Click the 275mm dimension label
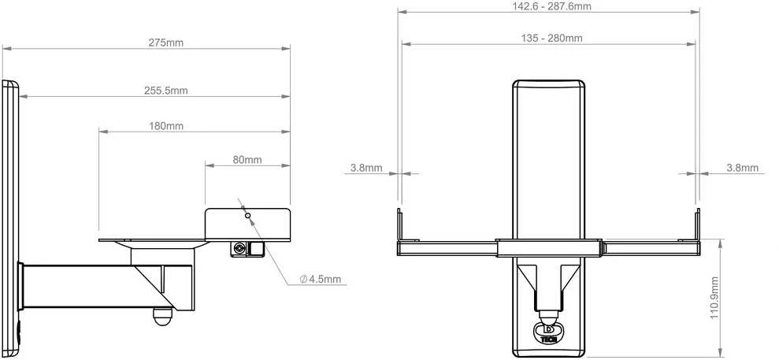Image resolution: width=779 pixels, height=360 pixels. (x=166, y=43)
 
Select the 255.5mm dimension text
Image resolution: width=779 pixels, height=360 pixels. (x=166, y=91)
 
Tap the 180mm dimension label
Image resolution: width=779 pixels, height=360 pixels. (x=166, y=126)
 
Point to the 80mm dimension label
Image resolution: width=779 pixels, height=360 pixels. (x=247, y=160)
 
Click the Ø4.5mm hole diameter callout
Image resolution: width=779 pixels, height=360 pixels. (x=321, y=279)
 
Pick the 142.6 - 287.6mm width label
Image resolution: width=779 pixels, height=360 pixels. (x=551, y=6)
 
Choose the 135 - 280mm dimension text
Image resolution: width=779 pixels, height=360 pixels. (x=551, y=38)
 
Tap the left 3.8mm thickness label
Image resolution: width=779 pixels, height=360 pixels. (x=366, y=168)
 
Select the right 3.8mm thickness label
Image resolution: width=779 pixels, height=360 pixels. (x=743, y=168)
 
